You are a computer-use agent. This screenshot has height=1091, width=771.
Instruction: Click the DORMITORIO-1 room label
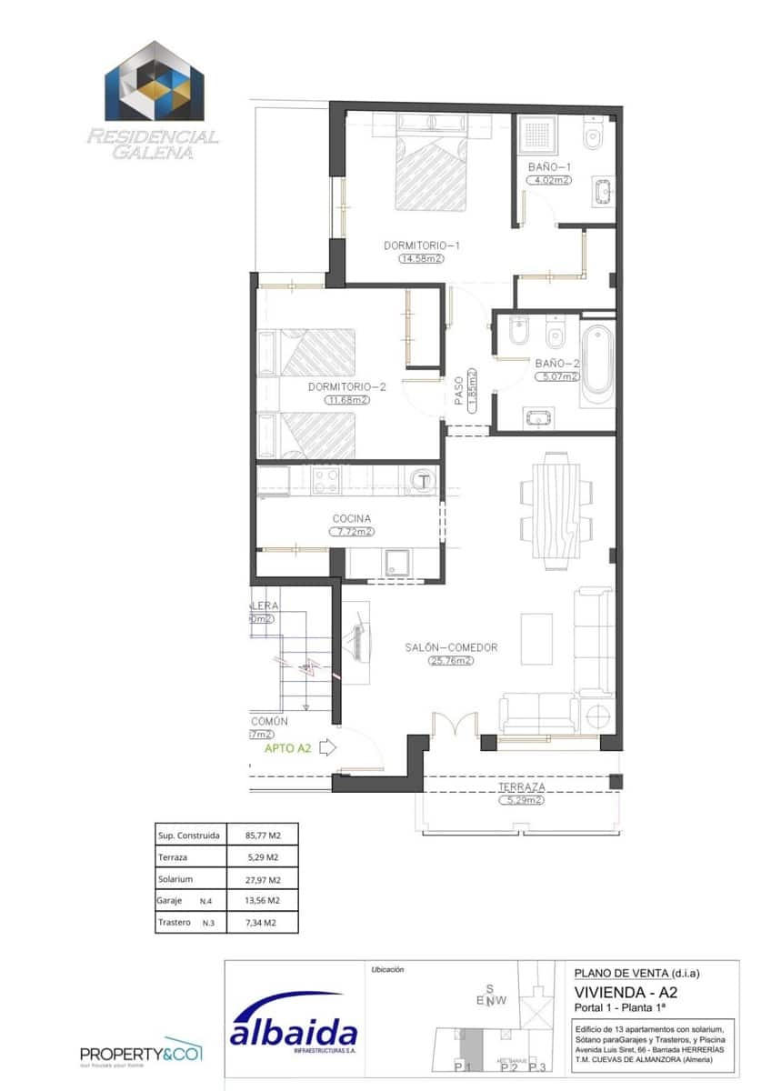pyautogui.click(x=422, y=245)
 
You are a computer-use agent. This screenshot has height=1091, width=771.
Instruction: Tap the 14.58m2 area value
pyautogui.click(x=420, y=258)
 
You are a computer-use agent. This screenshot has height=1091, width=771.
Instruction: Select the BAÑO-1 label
pyautogui.click(x=549, y=167)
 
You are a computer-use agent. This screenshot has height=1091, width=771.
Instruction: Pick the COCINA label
pyautogui.click(x=351, y=519)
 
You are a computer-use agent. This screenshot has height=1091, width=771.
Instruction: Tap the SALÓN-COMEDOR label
pyautogui.click(x=451, y=647)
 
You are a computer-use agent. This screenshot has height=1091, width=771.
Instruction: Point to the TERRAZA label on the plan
pyautogui.click(x=521, y=787)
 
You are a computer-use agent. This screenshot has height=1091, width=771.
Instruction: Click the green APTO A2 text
pyautogui.click(x=288, y=749)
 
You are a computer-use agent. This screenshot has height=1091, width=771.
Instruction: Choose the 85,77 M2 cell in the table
pyautogui.click(x=263, y=835)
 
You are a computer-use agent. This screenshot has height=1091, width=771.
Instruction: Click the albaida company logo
pyautogui.click(x=293, y=1032)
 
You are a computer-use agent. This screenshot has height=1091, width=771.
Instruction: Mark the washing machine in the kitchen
pyautogui.click(x=422, y=479)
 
